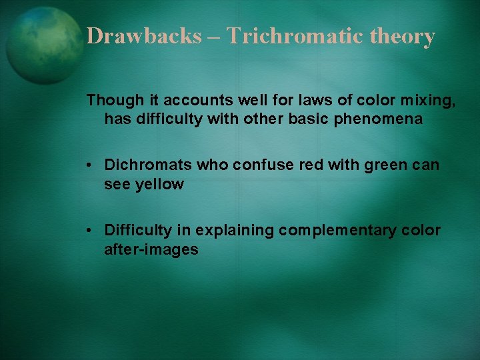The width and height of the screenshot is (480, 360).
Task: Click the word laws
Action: [287, 101]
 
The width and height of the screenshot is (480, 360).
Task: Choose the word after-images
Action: [151, 250]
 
